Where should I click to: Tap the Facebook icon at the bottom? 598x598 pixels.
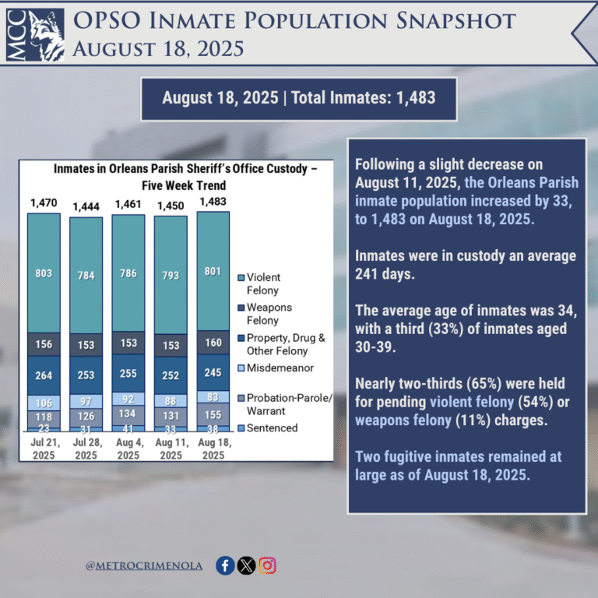[x=225, y=566]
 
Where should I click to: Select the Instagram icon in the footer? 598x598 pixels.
[x=268, y=566]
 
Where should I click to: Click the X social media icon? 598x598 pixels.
[x=246, y=566]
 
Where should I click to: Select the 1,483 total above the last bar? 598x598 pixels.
[x=213, y=202]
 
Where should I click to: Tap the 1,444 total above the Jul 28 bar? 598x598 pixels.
[x=86, y=206]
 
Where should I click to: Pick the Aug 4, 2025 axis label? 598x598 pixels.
[x=128, y=448]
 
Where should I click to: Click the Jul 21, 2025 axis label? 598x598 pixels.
[x=44, y=448]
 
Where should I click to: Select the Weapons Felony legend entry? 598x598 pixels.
[x=270, y=313]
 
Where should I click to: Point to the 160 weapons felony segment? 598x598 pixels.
[x=213, y=342]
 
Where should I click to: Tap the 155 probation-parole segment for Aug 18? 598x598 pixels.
[x=213, y=415]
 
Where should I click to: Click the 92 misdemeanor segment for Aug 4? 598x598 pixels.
[x=128, y=398]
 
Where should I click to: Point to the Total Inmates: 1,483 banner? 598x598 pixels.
[x=298, y=98]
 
